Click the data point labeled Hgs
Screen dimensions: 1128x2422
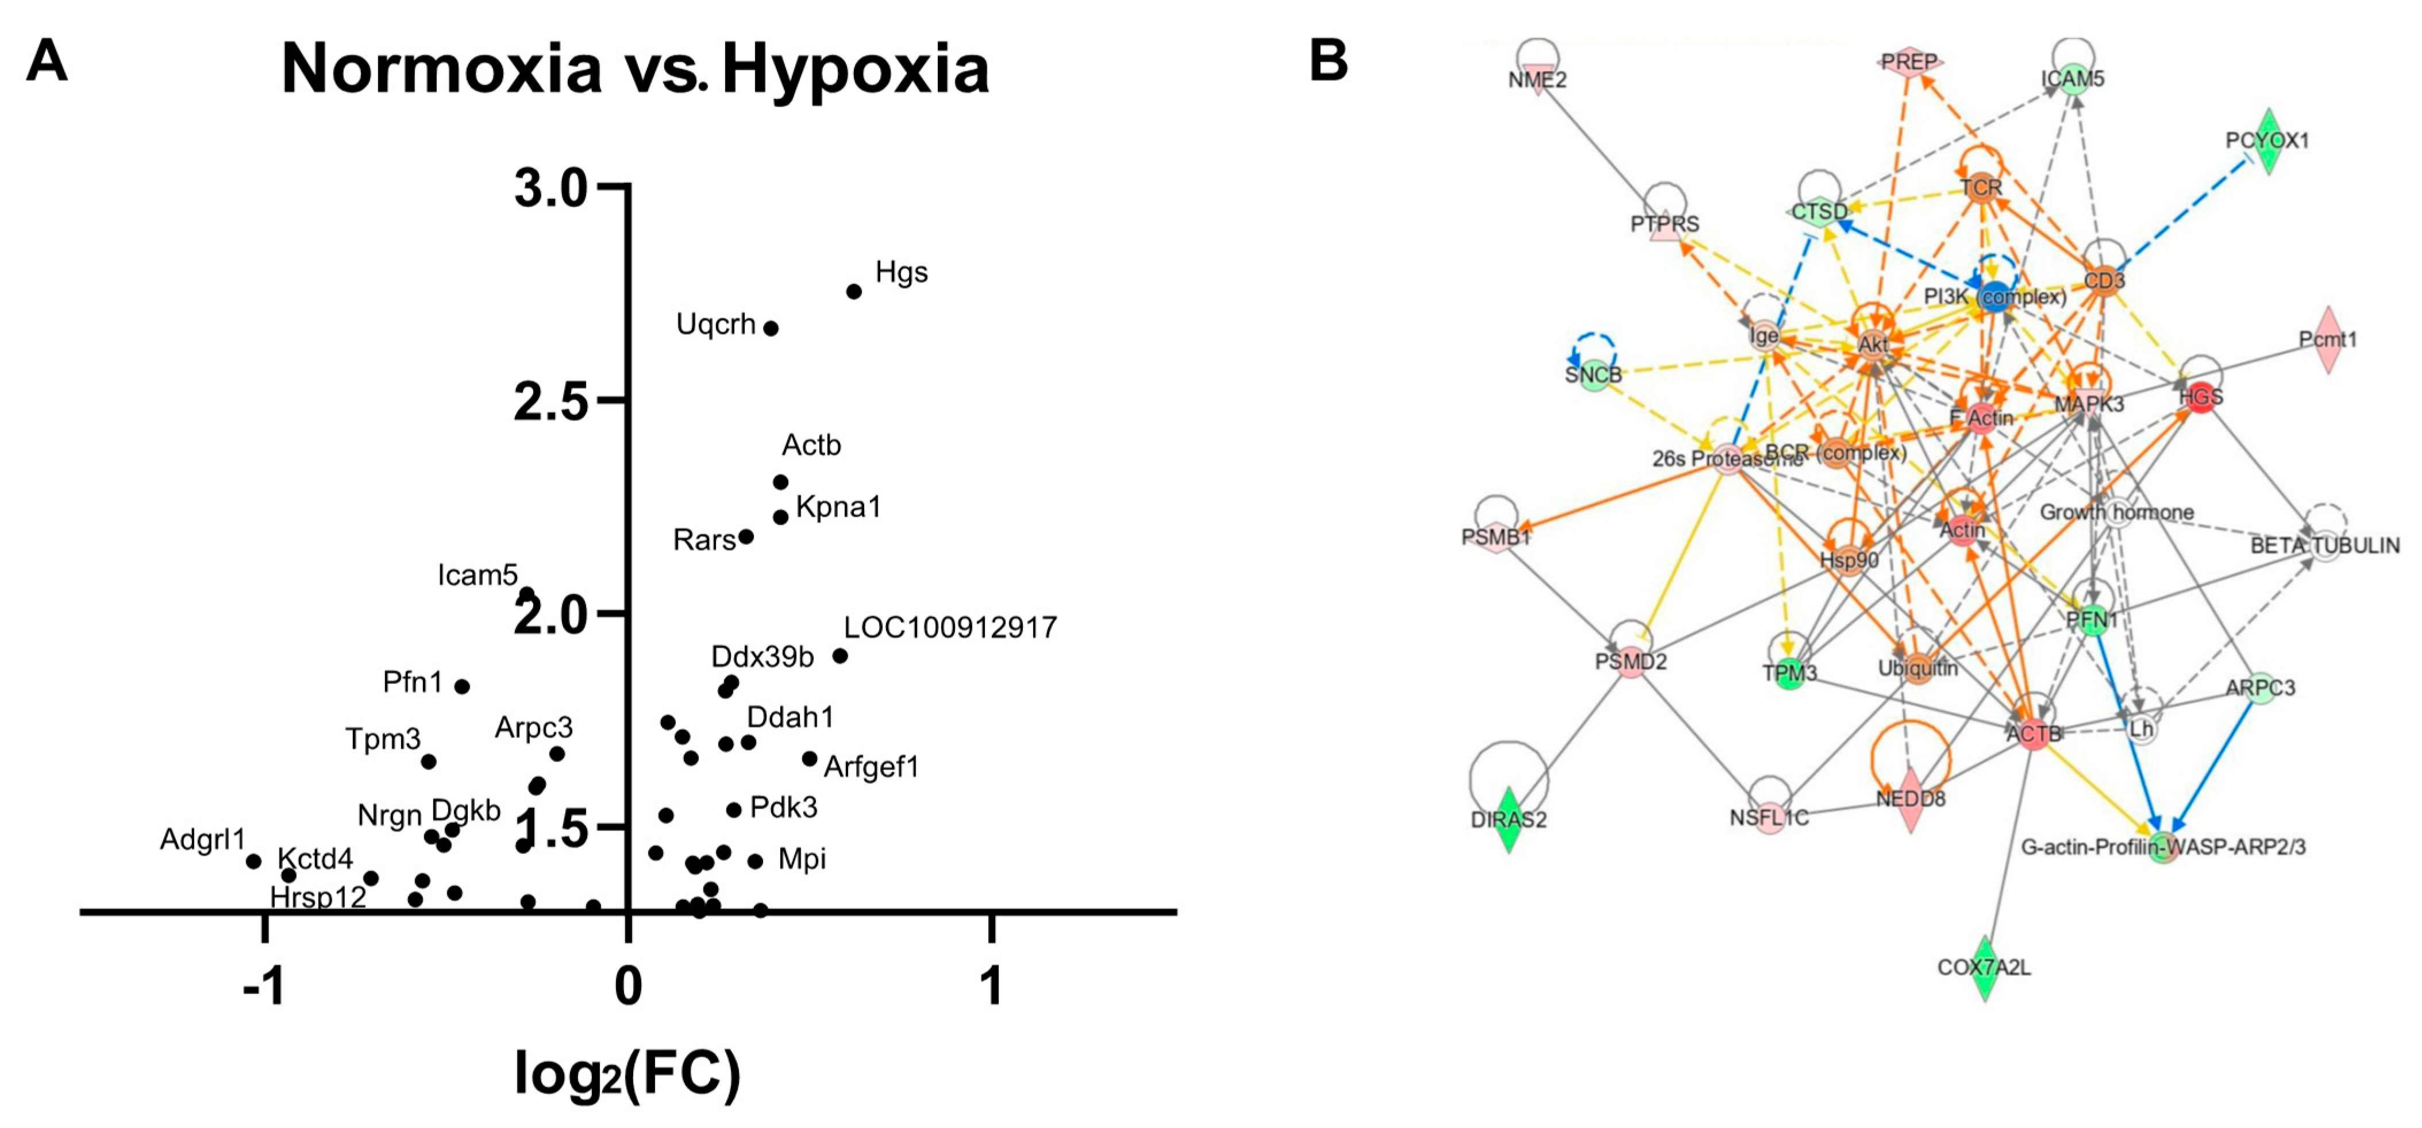(x=854, y=291)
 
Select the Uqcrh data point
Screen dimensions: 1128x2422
(x=770, y=328)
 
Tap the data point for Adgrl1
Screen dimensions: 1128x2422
(x=253, y=861)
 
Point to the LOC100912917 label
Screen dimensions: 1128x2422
(x=950, y=627)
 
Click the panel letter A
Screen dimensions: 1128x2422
(x=47, y=62)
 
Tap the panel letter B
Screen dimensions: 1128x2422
(x=1329, y=62)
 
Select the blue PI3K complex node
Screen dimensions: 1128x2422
(x=1994, y=297)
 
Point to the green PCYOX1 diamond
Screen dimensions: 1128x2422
(x=2269, y=141)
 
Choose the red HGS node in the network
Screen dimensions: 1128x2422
(x=2201, y=397)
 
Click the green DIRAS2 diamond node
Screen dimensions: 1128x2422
(x=1508, y=820)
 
